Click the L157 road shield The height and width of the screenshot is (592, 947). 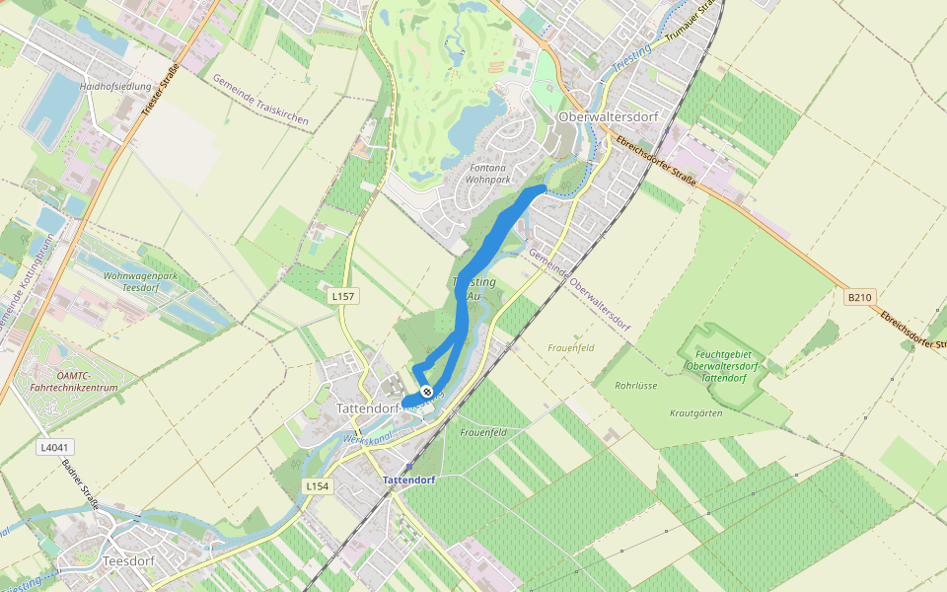click(x=343, y=295)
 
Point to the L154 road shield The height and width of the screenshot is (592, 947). click(x=317, y=486)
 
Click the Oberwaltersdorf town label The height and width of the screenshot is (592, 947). click(x=607, y=116)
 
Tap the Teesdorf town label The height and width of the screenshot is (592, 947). click(x=128, y=560)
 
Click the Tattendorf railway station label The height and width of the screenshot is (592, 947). click(x=408, y=480)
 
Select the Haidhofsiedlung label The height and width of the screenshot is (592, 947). click(x=114, y=87)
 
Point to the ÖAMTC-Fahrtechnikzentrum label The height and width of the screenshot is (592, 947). click(x=74, y=382)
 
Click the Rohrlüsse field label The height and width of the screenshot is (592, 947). click(x=635, y=386)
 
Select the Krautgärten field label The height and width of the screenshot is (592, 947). click(x=695, y=412)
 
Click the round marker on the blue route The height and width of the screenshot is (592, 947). click(x=426, y=392)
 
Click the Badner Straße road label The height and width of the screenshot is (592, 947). click(x=81, y=482)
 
